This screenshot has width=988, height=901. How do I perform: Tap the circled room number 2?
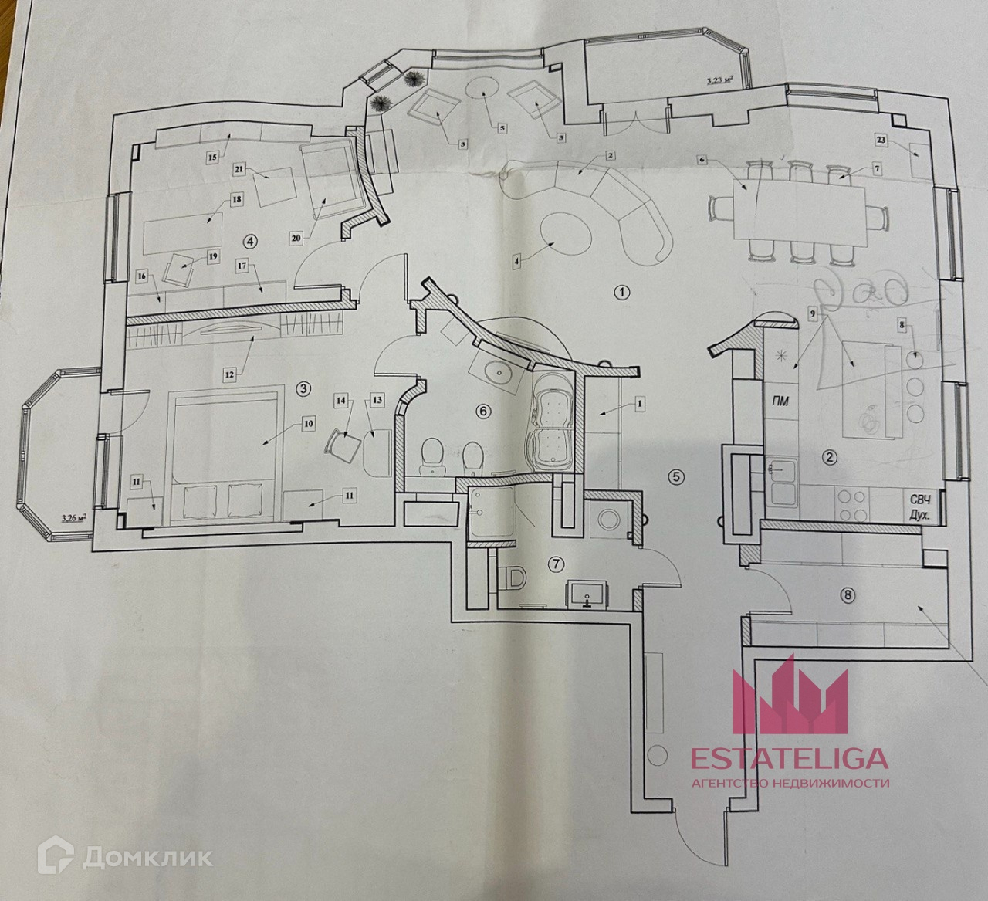pos(830,457)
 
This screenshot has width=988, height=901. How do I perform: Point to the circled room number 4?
pos(249,241)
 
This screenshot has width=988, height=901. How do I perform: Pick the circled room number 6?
pos(483,411)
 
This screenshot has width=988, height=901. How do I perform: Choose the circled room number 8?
pos(849,594)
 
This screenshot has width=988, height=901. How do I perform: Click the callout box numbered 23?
pos(882,140)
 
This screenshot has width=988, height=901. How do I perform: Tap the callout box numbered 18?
pos(236,199)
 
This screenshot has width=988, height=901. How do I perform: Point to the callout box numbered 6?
pos(702,159)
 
